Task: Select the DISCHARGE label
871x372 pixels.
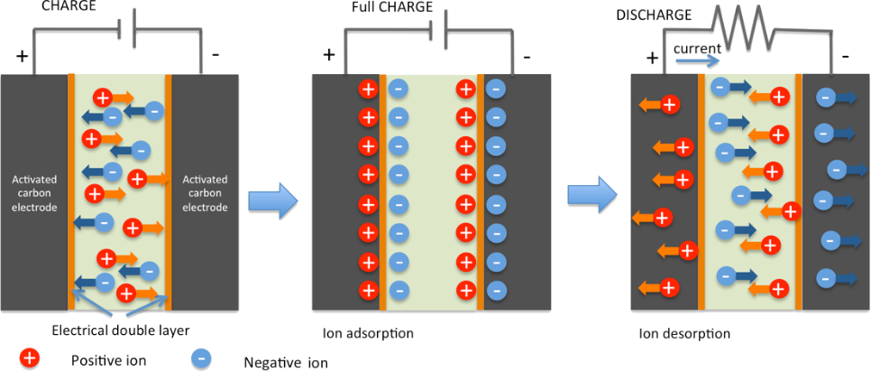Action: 653,14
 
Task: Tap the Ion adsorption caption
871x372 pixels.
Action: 368,333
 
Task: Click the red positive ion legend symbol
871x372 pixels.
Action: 30,358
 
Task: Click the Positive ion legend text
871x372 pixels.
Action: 108,360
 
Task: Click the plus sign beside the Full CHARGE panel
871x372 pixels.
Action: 329,54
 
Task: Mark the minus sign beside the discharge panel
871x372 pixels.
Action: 845,56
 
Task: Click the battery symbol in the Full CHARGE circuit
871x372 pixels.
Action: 439,30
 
